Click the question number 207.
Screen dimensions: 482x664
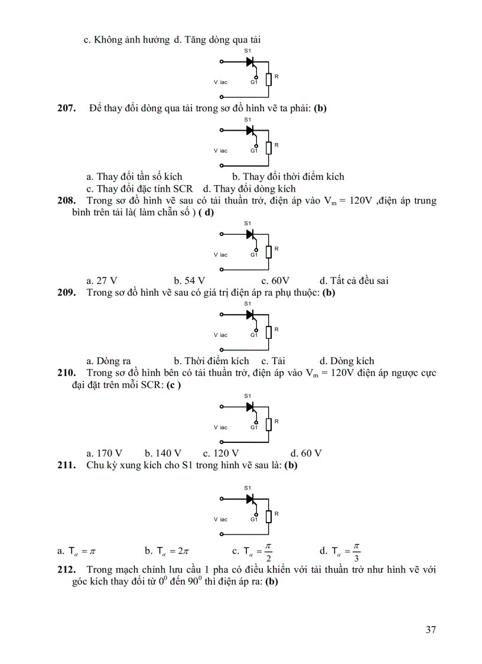[66, 108]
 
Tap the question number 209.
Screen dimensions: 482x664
[66, 293]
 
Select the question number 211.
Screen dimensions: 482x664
[66, 465]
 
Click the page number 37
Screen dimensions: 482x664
[431, 629]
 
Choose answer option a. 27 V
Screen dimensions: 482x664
[102, 281]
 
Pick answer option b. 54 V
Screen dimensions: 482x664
[189, 281]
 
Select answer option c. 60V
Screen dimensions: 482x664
[275, 281]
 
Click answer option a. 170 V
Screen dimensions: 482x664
[104, 454]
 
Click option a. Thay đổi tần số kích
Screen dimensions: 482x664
[134, 177]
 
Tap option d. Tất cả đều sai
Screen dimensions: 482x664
[354, 281]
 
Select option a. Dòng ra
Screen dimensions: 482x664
[108, 361]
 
